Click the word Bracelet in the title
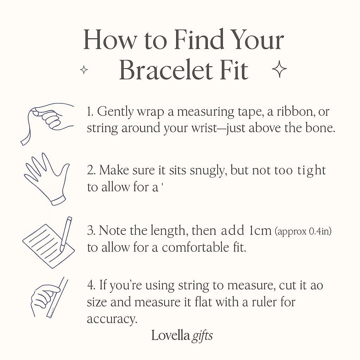click(x=166, y=70)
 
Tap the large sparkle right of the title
click(x=279, y=69)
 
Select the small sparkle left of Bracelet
click(x=84, y=70)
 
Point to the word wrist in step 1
click(x=204, y=128)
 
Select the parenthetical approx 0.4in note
click(x=303, y=231)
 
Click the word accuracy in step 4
click(x=112, y=319)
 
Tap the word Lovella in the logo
click(x=171, y=335)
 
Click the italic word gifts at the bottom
click(x=202, y=336)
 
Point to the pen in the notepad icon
click(x=66, y=234)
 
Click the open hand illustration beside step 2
click(x=46, y=179)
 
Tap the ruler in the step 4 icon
click(x=57, y=297)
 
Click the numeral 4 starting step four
click(x=90, y=285)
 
